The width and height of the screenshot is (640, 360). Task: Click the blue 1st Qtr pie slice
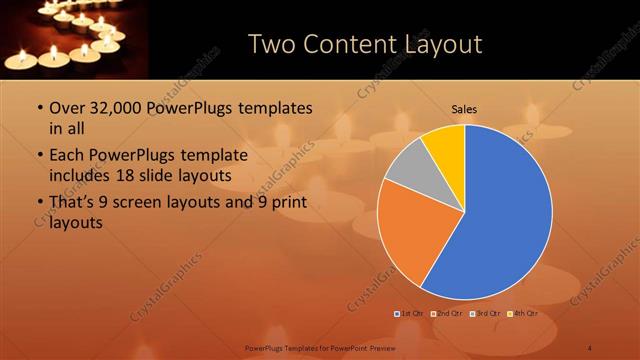[x=500, y=220]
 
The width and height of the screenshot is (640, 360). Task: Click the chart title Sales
[x=464, y=108]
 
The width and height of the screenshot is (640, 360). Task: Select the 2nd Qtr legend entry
[x=448, y=313]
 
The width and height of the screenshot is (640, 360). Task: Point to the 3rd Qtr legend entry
[x=485, y=313]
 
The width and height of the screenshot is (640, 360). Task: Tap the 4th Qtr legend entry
[x=522, y=313]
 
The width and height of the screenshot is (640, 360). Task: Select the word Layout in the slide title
[x=441, y=44]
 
